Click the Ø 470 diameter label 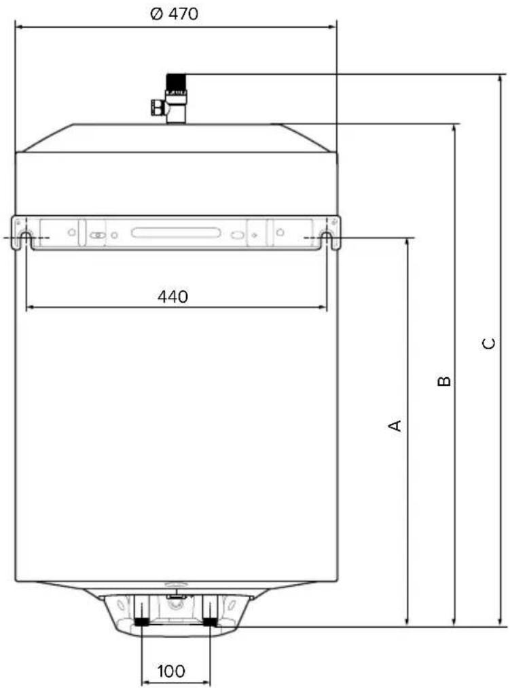[x=174, y=14]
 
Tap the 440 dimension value [x=172, y=297]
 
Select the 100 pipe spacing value [x=171, y=671]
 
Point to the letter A [x=395, y=425]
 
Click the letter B [x=444, y=381]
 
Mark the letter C [x=488, y=343]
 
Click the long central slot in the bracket [x=176, y=233]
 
